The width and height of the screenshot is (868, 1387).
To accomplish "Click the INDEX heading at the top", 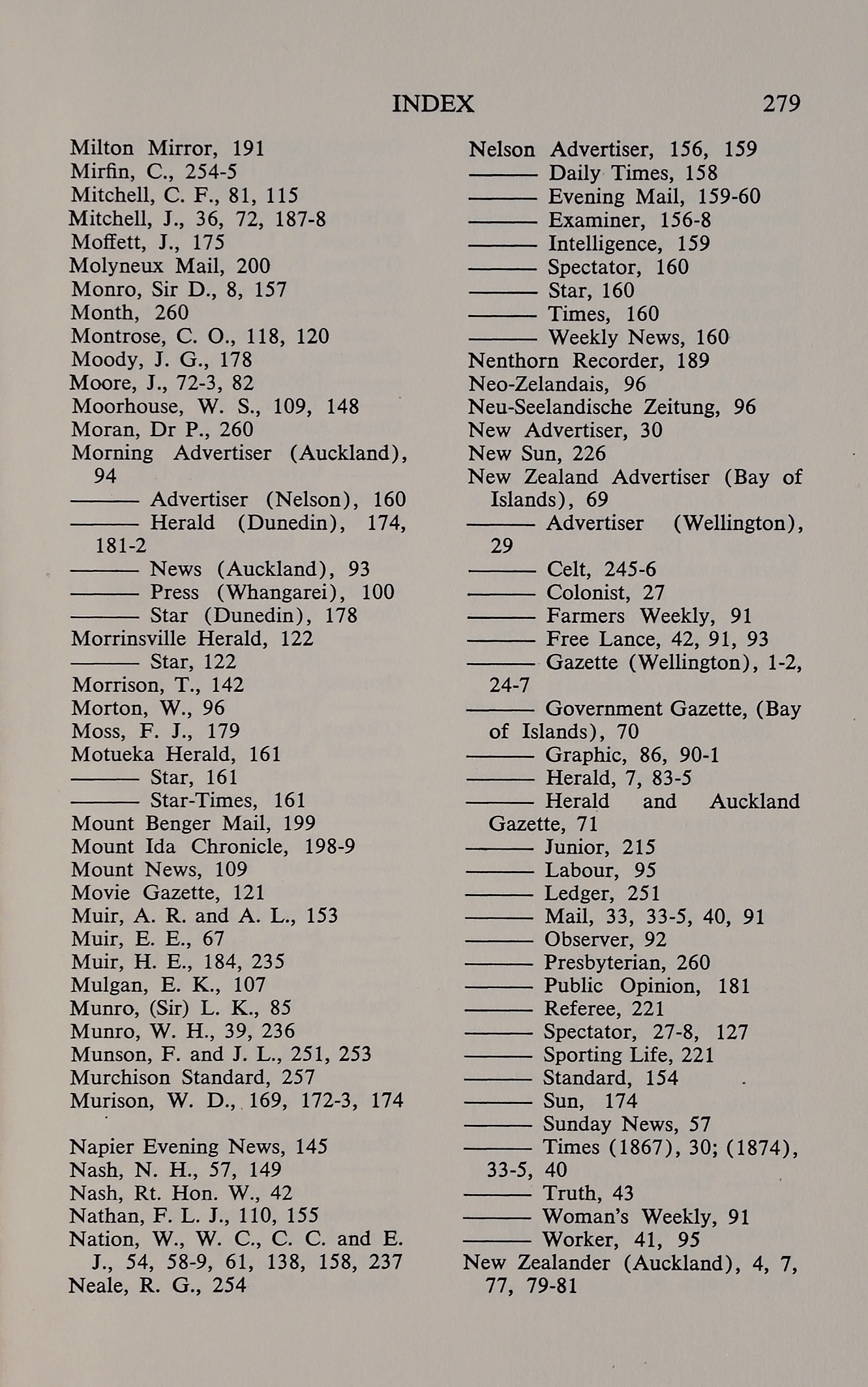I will click(433, 104).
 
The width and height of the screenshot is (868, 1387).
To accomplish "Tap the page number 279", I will click(781, 104).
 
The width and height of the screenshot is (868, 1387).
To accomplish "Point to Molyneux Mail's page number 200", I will click(253, 266).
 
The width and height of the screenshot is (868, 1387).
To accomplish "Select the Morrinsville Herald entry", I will click(170, 638).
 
